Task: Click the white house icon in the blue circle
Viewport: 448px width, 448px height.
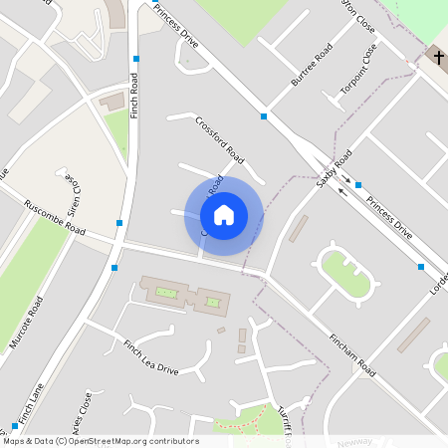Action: [x=224, y=214]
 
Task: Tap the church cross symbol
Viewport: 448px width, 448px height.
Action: [x=438, y=58]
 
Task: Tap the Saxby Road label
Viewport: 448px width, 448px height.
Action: [x=335, y=170]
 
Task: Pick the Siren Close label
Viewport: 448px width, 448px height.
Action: [x=73, y=191]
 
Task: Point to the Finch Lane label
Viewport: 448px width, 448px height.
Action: [x=31, y=406]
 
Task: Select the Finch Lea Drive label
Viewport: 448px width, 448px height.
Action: [x=150, y=357]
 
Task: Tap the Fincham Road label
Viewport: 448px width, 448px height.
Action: [x=353, y=353]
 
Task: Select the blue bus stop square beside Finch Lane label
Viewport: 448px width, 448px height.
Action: [x=14, y=426]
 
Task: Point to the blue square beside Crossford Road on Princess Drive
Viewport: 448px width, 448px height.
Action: [x=264, y=117]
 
